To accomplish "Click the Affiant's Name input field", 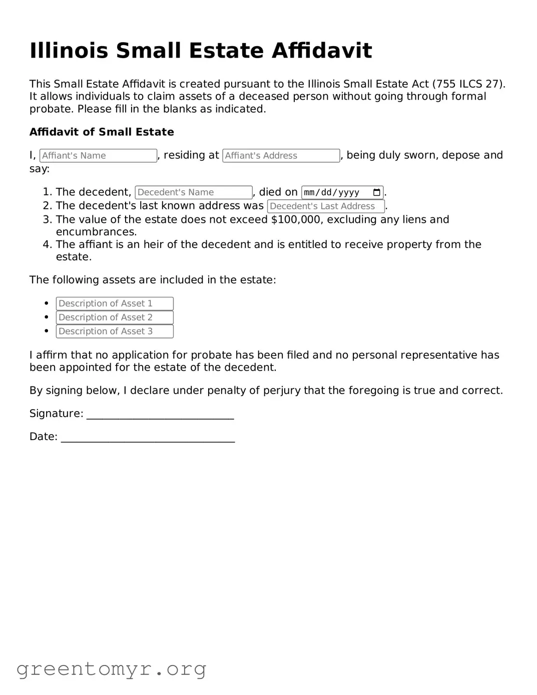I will (x=98, y=156).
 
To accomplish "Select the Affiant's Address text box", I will (x=281, y=156).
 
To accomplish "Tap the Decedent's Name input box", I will (x=193, y=192).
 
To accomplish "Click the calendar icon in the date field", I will (x=377, y=192).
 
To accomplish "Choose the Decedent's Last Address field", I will (x=325, y=206).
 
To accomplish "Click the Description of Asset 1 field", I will (x=115, y=303).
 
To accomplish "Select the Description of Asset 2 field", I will (x=115, y=317).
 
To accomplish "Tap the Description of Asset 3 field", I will (x=115, y=331).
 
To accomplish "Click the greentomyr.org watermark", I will (x=111, y=669).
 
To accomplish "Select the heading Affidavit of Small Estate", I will (x=102, y=132).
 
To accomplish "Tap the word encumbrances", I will (x=96, y=232).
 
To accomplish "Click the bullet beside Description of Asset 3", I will (x=47, y=331).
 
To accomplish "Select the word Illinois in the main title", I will (x=69, y=51).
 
